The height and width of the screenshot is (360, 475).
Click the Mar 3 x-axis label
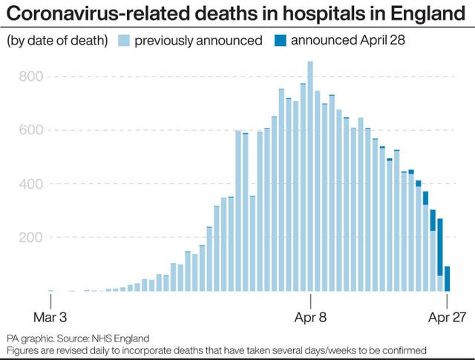[50, 316]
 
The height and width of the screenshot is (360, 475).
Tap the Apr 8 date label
[310, 316]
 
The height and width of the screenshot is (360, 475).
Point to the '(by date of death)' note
[57, 41]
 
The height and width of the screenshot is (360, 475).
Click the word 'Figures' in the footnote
[22, 349]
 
